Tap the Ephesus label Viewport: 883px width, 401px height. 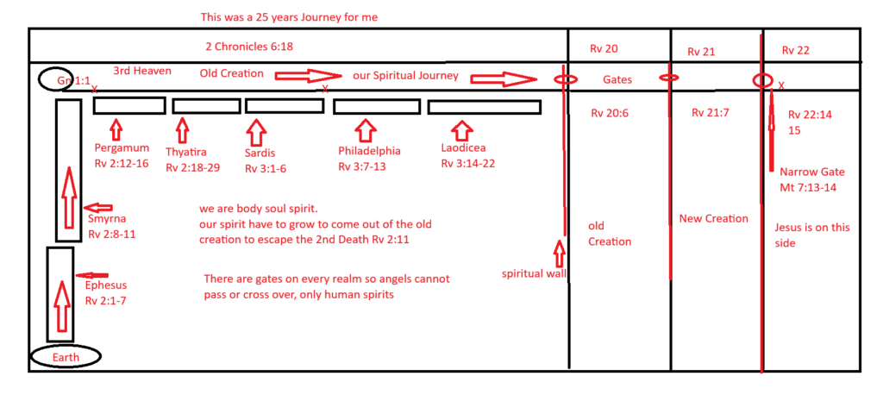(x=105, y=284)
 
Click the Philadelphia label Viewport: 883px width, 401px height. (x=369, y=151)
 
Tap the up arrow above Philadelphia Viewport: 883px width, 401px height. (x=366, y=130)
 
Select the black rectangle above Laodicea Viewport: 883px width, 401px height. (x=484, y=107)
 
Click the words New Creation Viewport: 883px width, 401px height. (x=713, y=218)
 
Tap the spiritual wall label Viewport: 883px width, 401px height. (x=531, y=274)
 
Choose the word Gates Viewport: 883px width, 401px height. (x=617, y=79)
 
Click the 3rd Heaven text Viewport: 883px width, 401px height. (x=141, y=70)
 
